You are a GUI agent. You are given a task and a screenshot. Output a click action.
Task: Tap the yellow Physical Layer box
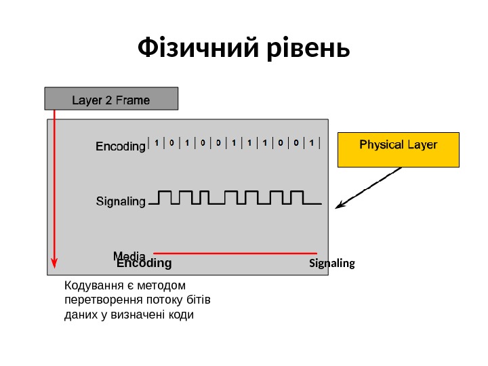(x=398, y=149)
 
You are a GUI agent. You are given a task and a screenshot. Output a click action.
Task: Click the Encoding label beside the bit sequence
(x=120, y=146)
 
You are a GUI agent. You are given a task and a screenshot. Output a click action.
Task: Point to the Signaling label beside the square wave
(x=121, y=201)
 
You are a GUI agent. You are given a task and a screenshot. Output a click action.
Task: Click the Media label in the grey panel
(x=129, y=255)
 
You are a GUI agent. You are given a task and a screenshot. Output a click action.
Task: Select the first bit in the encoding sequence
(x=157, y=143)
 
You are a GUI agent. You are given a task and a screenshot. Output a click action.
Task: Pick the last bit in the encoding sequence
(x=312, y=143)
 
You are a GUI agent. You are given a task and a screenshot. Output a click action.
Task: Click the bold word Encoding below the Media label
(x=144, y=264)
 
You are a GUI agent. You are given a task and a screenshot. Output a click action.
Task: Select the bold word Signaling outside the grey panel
(x=331, y=263)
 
